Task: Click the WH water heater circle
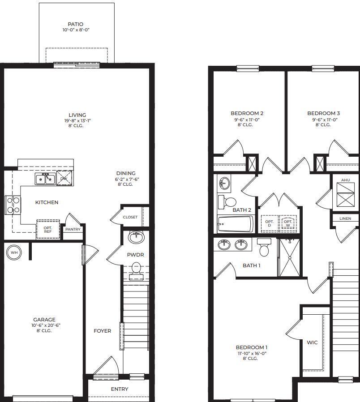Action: tap(14, 252)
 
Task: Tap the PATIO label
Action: tap(75, 24)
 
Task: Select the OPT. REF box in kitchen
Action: tap(48, 229)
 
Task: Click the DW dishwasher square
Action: tap(64, 178)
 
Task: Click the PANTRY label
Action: tap(73, 229)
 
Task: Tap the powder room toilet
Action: tap(136, 270)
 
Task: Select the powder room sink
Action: tap(136, 237)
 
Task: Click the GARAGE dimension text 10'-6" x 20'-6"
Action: tap(43, 325)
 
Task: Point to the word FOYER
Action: tap(102, 331)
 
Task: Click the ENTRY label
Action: tap(120, 389)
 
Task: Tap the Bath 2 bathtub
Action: tap(235, 224)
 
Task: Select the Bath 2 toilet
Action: tap(228, 201)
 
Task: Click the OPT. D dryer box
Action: tap(269, 223)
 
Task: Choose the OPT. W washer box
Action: tap(288, 223)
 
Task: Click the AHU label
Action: tap(345, 180)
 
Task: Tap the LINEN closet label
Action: tap(345, 218)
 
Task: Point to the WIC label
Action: tap(312, 342)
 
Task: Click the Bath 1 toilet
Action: tap(264, 248)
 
